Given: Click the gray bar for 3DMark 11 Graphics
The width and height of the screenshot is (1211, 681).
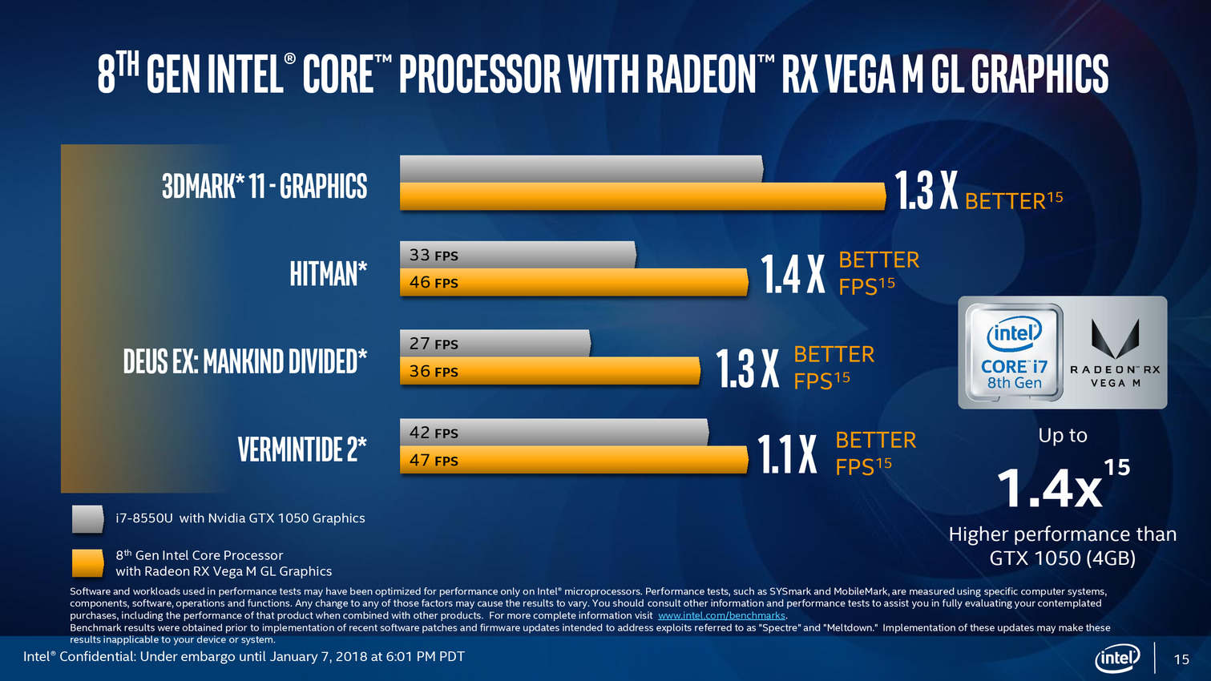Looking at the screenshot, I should (x=581, y=169).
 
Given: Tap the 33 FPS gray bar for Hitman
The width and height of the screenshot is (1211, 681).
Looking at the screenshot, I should (x=518, y=255).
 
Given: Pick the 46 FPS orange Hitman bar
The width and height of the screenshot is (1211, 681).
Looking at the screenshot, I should (x=574, y=282).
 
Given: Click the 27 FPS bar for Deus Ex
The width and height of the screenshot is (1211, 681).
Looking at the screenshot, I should (x=495, y=344).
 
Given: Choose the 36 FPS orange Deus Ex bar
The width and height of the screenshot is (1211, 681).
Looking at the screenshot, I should (x=550, y=371).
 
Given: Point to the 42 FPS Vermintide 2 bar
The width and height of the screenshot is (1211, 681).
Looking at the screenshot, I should (x=554, y=433).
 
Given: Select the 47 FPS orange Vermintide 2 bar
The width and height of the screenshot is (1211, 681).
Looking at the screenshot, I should (x=574, y=460).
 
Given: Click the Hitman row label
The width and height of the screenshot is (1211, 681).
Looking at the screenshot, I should (x=329, y=274).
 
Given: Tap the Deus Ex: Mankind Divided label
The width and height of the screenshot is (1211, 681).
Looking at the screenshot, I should (x=245, y=361).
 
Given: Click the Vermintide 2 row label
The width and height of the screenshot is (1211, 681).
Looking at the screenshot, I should (x=302, y=449).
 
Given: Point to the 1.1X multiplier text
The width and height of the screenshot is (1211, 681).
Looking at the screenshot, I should (x=787, y=454).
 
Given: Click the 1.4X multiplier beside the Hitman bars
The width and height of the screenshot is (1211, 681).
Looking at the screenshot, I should (x=793, y=275).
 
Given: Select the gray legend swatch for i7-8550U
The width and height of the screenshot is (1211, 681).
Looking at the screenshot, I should (x=87, y=518).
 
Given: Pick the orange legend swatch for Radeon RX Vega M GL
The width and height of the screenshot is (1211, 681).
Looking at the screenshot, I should (x=87, y=562).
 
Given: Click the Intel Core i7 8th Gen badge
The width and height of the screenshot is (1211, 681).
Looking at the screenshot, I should (x=1014, y=353).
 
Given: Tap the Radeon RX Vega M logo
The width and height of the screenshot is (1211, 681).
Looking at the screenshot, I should (x=1115, y=353).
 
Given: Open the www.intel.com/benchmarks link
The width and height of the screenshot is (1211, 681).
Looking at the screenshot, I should (x=721, y=616).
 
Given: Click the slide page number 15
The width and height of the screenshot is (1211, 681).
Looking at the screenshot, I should (x=1181, y=659).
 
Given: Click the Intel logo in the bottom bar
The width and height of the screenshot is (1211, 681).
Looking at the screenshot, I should (x=1117, y=659).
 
